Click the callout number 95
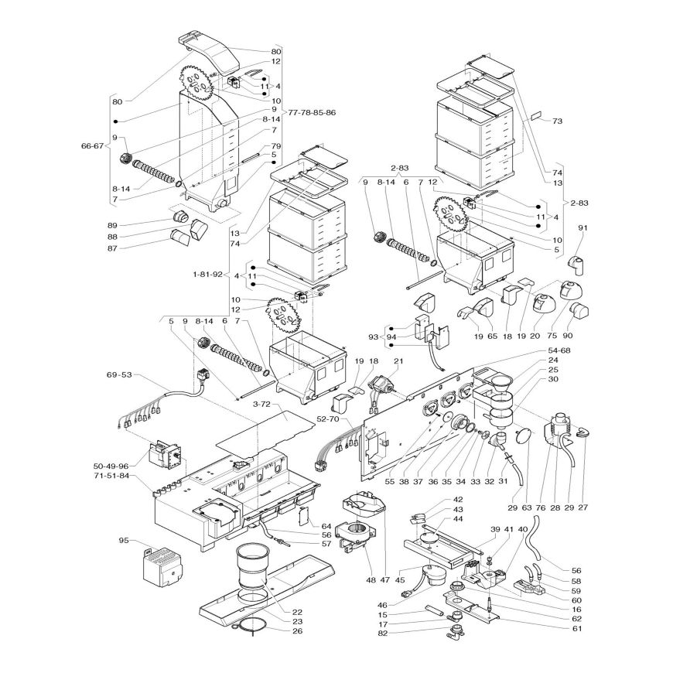click(124, 541)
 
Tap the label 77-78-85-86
click(312, 113)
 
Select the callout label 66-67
click(92, 145)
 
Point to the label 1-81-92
click(208, 275)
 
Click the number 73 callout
click(557, 121)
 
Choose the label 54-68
click(559, 350)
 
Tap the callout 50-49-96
click(111, 466)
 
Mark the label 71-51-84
click(111, 475)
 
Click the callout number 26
click(297, 631)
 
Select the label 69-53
click(119, 374)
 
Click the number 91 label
click(582, 228)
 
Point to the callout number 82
click(383, 634)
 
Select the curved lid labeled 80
click(210, 53)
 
